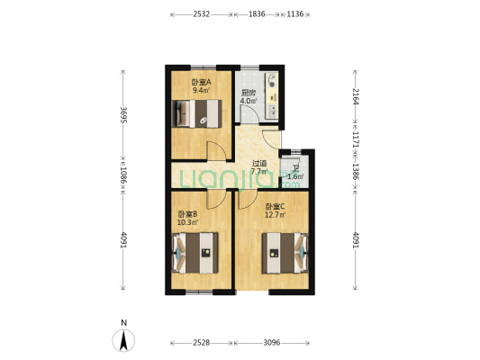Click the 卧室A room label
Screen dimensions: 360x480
200,83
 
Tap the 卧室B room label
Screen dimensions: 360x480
187,213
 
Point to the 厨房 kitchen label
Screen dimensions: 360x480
248,93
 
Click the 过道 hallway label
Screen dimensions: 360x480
258,164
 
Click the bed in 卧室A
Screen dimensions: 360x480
199,114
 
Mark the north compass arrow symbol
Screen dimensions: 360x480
124,340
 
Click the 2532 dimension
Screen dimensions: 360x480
201,14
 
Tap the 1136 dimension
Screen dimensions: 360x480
294,14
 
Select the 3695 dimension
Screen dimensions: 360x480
123,118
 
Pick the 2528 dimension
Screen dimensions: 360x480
201,342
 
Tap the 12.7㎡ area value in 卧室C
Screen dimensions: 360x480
276,215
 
